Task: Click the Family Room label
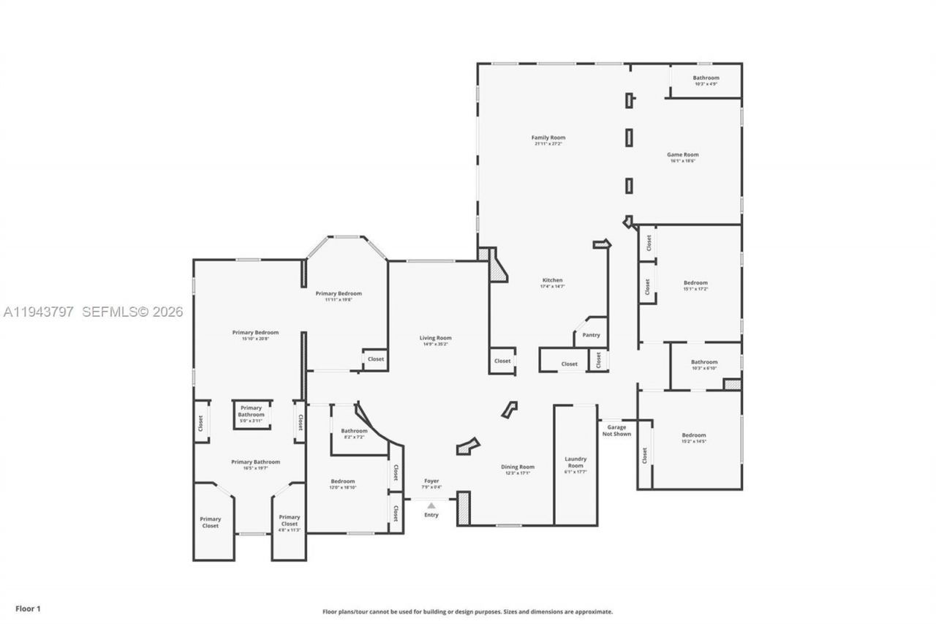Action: [548, 138]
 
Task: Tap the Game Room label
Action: [682, 155]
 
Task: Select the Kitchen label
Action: [552, 281]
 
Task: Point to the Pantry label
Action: [591, 335]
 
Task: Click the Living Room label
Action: [435, 339]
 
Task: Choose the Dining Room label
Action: [517, 467]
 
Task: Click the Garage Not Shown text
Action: [616, 431]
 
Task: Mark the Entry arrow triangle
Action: [431, 505]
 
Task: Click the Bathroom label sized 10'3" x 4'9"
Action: [706, 78]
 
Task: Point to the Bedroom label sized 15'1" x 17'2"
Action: [695, 283]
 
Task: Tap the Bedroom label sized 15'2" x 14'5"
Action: [694, 435]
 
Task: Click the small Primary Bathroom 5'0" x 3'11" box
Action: [252, 413]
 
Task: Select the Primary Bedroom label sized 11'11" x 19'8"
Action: [339, 294]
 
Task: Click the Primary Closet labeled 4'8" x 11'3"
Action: [289, 521]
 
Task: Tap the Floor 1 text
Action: [29, 608]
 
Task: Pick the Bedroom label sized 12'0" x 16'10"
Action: [342, 481]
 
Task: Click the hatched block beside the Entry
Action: [463, 508]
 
